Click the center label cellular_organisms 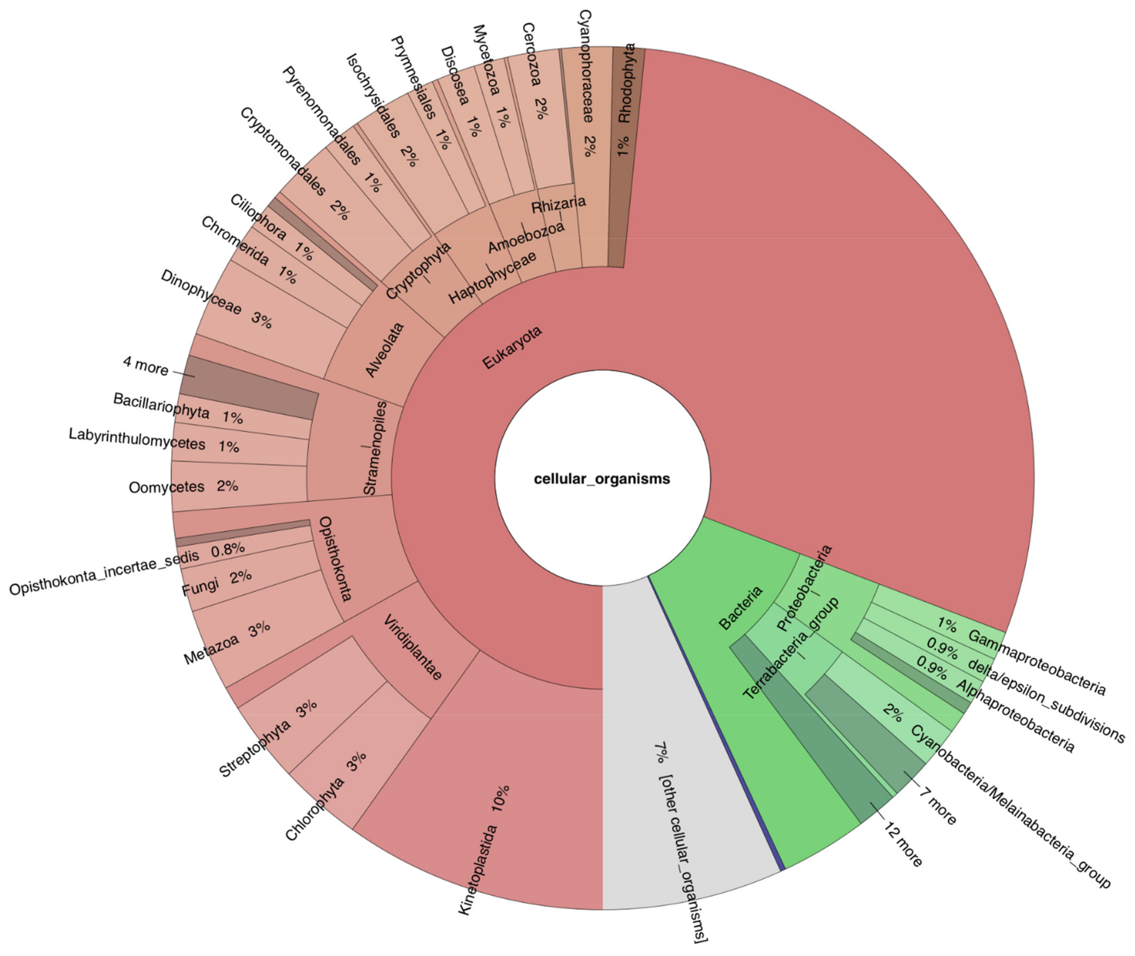pos(602,479)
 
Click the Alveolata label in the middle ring pos(385,349)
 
